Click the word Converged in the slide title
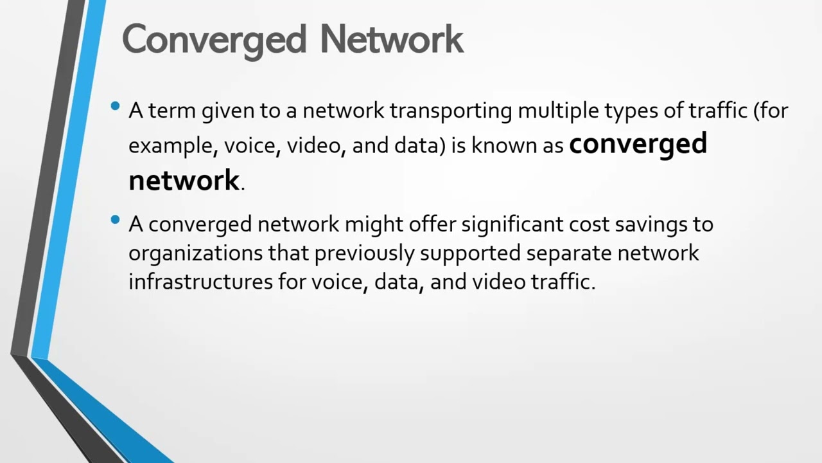click(214, 39)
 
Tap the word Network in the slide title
click(392, 39)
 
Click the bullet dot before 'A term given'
click(116, 107)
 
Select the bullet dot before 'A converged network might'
click(116, 220)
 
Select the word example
click(165, 147)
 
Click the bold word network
click(184, 180)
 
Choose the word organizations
click(195, 253)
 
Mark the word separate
click(569, 253)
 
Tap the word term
click(173, 111)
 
